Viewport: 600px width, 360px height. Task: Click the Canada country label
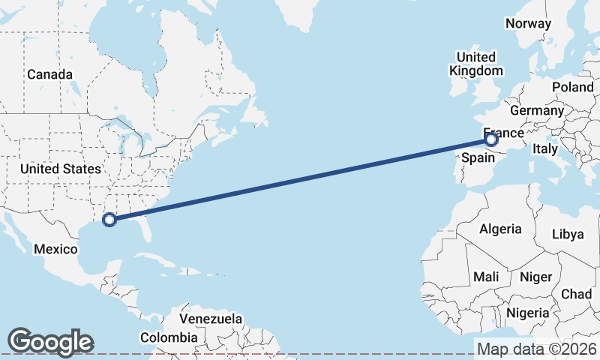pos(50,75)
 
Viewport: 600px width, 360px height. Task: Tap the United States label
pos(61,169)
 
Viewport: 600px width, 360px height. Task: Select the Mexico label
pos(55,249)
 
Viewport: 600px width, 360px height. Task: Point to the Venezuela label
pos(210,319)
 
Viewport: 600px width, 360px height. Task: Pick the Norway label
pos(528,23)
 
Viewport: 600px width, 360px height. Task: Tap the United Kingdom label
pos(475,64)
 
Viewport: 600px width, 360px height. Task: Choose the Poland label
pos(572,87)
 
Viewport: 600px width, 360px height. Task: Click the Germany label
pos(536,111)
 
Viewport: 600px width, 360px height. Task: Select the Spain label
pos(478,158)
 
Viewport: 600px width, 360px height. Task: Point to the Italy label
pos(544,150)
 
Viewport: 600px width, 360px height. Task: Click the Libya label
pos(567,234)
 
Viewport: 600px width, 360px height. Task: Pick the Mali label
pos(486,277)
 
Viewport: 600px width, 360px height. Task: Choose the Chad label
pos(576,294)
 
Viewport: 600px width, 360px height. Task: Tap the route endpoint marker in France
pos(490,139)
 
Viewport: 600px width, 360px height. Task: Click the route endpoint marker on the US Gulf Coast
pos(109,220)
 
